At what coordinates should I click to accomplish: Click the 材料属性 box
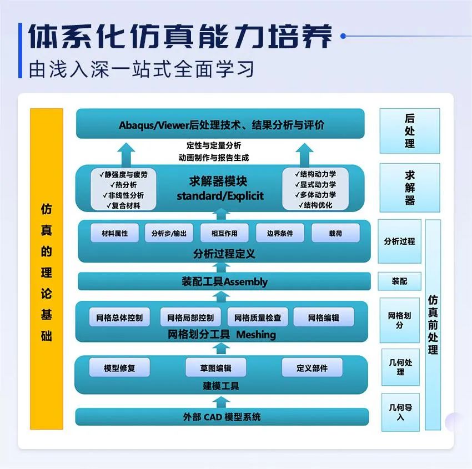(x=114, y=234)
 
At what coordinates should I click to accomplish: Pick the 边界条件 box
(x=280, y=234)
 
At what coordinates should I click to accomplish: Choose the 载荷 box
(x=335, y=234)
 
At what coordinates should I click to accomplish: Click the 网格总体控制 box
(x=119, y=318)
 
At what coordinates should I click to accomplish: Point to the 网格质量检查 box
(x=258, y=318)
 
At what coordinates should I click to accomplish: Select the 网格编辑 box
(x=323, y=318)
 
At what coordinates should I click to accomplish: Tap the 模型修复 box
(x=119, y=368)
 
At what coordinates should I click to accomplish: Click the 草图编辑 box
(x=216, y=368)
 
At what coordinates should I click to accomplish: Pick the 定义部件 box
(x=312, y=368)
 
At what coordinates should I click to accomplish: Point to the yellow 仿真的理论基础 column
(x=47, y=269)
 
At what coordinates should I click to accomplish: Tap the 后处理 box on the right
(x=410, y=131)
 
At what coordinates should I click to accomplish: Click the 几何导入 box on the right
(x=400, y=412)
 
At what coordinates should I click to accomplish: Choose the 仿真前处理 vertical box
(x=433, y=324)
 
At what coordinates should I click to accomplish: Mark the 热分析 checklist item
(x=123, y=185)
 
